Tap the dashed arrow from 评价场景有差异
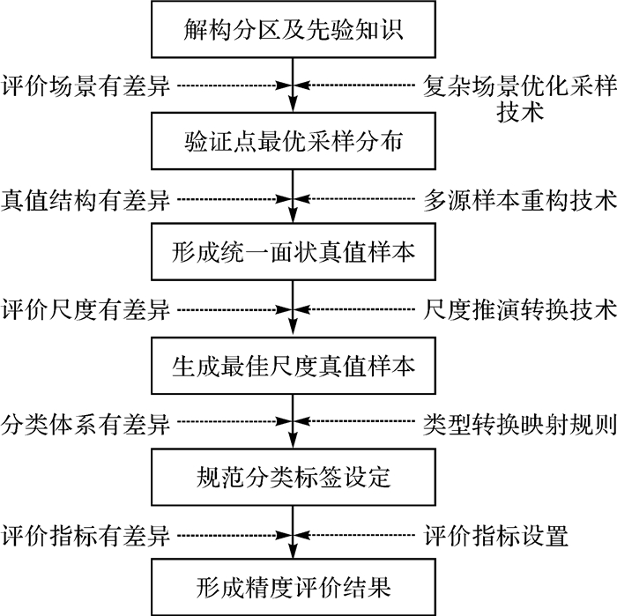[234, 86]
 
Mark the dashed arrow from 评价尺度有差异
[234, 309]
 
